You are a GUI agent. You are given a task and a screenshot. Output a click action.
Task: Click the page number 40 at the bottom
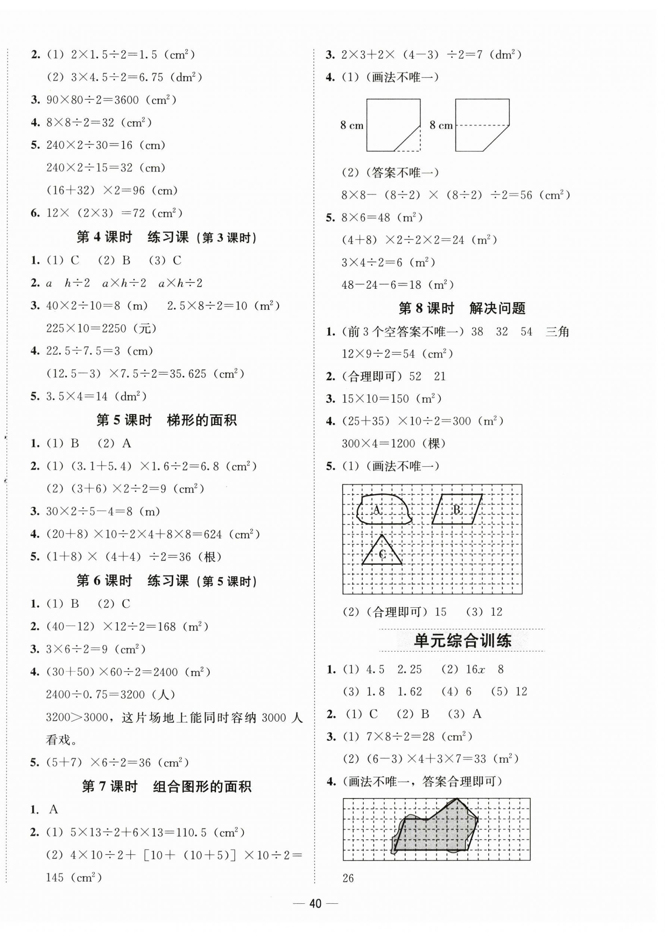pos(315,903)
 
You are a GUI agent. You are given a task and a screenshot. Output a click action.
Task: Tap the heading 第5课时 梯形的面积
pos(166,420)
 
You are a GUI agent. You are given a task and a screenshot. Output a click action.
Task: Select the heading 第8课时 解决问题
pos(462,308)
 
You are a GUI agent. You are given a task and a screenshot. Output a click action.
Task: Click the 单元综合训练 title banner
pos(462,640)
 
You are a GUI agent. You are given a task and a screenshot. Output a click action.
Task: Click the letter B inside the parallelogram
pos(457,509)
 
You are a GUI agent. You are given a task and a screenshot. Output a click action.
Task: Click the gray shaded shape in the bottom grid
pos(434,831)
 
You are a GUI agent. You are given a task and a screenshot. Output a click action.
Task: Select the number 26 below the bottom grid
pos(348,878)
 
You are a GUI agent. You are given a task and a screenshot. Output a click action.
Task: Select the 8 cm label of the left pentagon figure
pos(352,125)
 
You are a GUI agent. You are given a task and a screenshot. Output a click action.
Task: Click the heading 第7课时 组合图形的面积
pos(166,787)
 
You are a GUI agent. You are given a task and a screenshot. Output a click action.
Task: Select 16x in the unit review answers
pos(475,669)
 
